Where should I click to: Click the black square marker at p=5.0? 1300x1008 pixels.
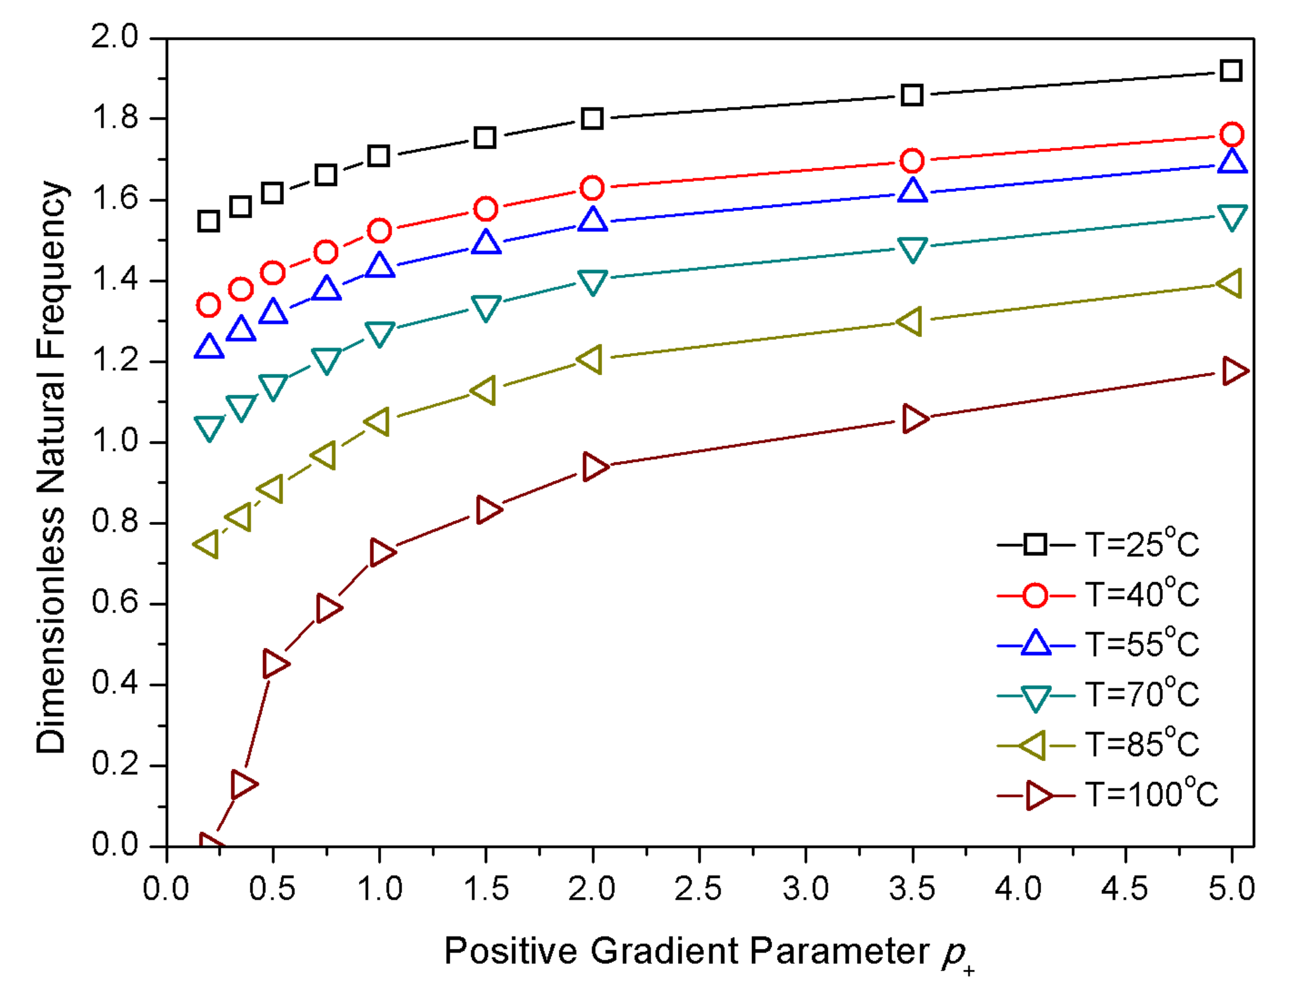tap(1231, 71)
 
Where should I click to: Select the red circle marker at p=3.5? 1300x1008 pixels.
tap(912, 160)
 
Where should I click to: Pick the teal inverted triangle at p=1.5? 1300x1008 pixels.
tap(485, 307)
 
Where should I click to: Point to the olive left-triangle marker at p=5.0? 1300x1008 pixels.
tap(1230, 283)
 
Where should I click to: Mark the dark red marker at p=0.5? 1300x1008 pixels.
tap(274, 663)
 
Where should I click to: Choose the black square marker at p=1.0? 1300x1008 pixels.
tap(379, 156)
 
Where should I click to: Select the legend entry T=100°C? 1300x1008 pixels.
tap(1150, 795)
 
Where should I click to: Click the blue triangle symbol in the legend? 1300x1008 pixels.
tap(1035, 644)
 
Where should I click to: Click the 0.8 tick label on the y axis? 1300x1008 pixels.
tap(114, 522)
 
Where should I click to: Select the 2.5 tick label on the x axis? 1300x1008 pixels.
tap(698, 889)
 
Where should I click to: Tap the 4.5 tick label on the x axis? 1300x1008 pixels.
tap(1125, 889)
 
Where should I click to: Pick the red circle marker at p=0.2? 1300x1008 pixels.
tap(208, 305)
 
